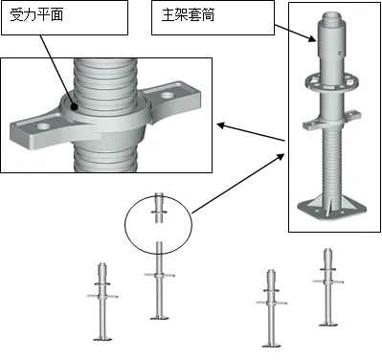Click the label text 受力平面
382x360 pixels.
[36, 15]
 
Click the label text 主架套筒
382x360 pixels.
[188, 15]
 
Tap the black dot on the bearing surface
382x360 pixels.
[75, 107]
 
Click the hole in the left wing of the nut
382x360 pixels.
[44, 126]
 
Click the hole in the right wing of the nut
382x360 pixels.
[167, 95]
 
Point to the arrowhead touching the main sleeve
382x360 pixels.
[312, 39]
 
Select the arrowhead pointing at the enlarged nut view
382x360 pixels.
[221, 125]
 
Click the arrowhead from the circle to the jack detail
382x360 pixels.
[280, 157]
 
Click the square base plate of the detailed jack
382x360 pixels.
[332, 210]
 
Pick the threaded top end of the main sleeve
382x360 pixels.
[332, 16]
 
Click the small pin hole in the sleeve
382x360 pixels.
[340, 52]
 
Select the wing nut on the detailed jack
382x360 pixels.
[332, 121]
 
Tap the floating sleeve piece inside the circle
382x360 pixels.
[159, 208]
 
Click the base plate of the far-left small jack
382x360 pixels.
[102, 338]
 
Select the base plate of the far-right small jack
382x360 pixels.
[328, 324]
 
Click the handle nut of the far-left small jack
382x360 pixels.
[102, 296]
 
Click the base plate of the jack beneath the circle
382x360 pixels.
[159, 317]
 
